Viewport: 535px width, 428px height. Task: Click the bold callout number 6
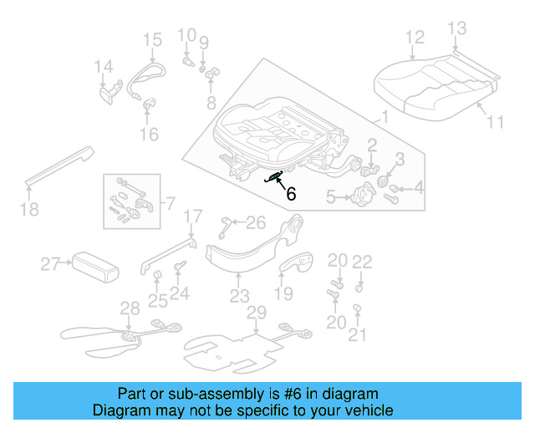(x=291, y=194)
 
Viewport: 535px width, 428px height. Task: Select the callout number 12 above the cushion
(x=415, y=37)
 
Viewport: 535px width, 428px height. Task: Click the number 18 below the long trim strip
(x=29, y=209)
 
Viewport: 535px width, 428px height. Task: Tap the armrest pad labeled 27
(x=91, y=267)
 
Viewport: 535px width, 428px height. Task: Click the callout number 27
(x=51, y=265)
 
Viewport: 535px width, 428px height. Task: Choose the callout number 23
(x=240, y=296)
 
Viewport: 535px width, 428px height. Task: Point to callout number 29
(x=256, y=312)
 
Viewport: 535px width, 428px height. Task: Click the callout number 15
(x=151, y=39)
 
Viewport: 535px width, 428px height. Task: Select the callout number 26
(x=255, y=222)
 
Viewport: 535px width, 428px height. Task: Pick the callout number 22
(x=361, y=261)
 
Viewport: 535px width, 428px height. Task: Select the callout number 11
(x=496, y=122)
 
